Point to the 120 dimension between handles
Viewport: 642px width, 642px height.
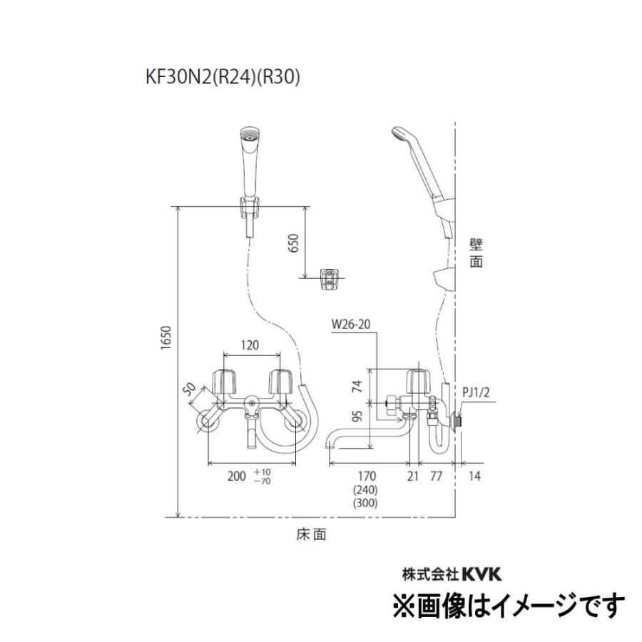248,345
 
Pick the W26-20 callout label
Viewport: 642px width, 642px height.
352,326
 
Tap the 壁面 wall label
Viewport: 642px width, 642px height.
477,253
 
